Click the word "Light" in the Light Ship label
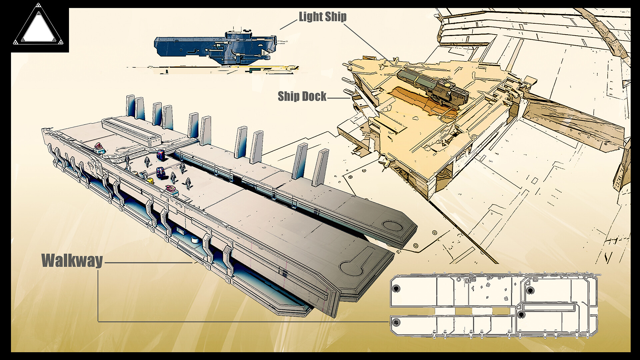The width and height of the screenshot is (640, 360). tap(310, 16)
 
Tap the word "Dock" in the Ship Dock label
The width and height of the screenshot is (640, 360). tap(314, 96)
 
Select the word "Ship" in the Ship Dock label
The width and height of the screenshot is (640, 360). tap(289, 96)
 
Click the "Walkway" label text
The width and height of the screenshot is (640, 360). tap(72, 260)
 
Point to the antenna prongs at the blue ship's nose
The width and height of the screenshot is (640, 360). tap(282, 42)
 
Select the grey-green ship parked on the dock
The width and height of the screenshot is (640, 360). tap(433, 85)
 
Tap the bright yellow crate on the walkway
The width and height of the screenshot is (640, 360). tap(150, 181)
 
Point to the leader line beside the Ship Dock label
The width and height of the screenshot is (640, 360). tap(339, 98)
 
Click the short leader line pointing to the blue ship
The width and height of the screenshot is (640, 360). tap(288, 24)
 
